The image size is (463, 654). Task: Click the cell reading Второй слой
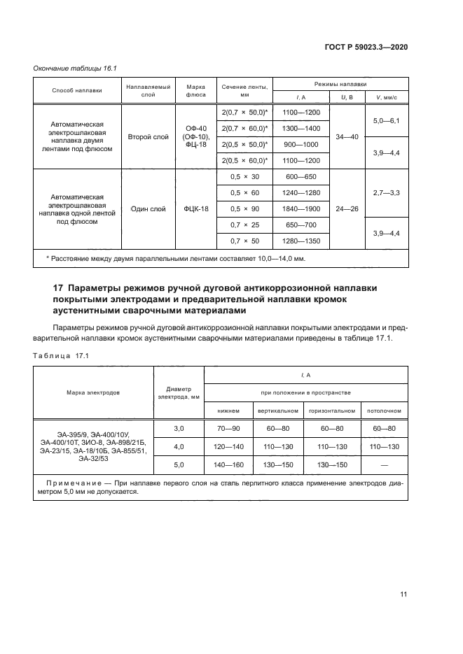[x=148, y=137]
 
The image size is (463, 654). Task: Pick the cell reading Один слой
[x=148, y=209]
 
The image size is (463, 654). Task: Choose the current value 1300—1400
[x=300, y=128]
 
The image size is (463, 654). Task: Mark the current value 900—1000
[x=300, y=144]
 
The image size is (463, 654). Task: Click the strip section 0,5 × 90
[x=245, y=208]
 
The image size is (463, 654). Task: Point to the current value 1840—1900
[x=300, y=208]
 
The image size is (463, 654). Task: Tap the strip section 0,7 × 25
[x=245, y=225]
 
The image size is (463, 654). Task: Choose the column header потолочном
[x=384, y=411]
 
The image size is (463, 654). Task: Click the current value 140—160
[x=228, y=464]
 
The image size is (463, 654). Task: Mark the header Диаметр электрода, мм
[x=179, y=392]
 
